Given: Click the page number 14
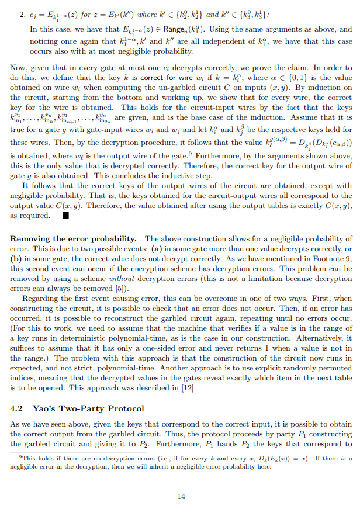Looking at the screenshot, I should pyautogui.click(x=180, y=496).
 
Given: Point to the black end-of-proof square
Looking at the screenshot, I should pyautogui.click(x=65, y=216).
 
